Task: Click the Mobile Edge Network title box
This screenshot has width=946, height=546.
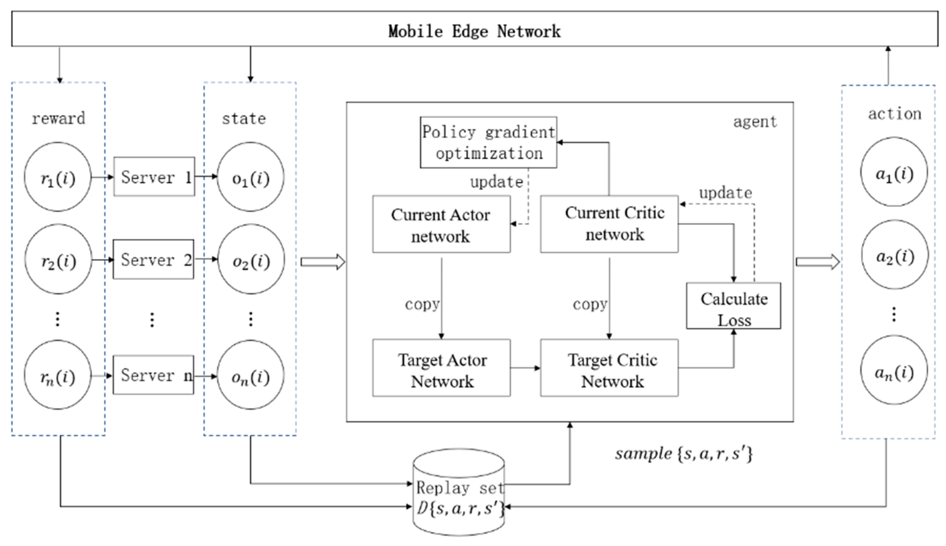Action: [475, 29]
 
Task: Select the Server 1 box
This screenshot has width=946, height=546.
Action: [154, 176]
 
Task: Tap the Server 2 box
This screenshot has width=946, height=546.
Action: [153, 259]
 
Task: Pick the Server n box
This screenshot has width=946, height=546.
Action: [153, 375]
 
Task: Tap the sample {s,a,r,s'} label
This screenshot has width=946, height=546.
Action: [684, 454]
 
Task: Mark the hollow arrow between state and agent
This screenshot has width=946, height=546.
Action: [323, 262]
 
